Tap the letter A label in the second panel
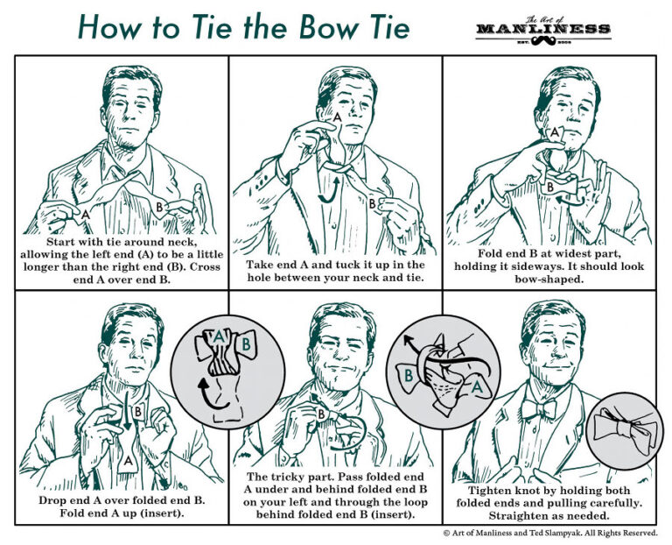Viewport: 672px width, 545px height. click(336, 117)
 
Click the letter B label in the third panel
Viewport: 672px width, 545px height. click(549, 187)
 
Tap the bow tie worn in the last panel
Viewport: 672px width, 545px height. click(539, 408)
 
